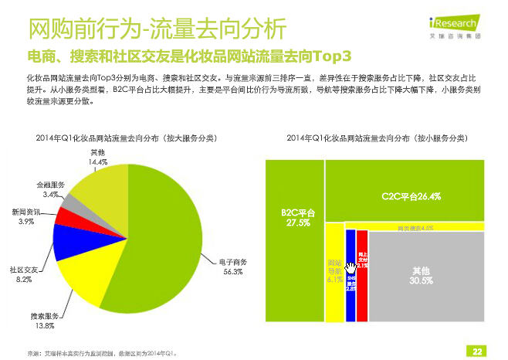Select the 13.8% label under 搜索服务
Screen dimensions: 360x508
point(43,326)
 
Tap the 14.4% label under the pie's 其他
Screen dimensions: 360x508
point(97,163)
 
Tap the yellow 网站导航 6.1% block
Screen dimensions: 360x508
point(334,270)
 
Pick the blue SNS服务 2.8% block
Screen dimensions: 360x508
point(351,278)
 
